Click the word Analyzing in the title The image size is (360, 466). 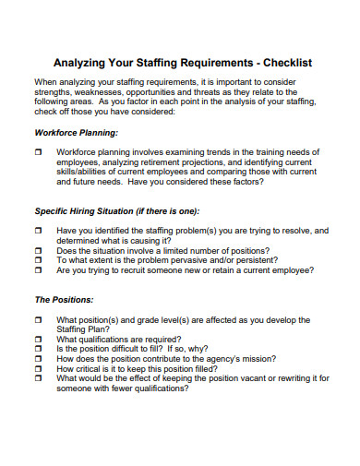pyautogui.click(x=85, y=63)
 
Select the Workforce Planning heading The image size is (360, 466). pyautogui.click(x=77, y=132)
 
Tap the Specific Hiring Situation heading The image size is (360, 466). pyautogui.click(x=113, y=210)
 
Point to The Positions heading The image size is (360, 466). pyautogui.click(x=64, y=299)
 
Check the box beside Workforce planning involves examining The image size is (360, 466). pyautogui.click(x=39, y=150)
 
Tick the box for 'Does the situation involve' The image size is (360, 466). pyautogui.click(x=39, y=250)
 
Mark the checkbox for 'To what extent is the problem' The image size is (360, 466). pyautogui.click(x=39, y=260)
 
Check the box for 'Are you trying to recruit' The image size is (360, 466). pyautogui.click(x=39, y=270)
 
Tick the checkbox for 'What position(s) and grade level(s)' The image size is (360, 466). pyautogui.click(x=39, y=318)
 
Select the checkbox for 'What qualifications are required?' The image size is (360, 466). pyautogui.click(x=39, y=339)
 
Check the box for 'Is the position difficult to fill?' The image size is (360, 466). pyautogui.click(x=39, y=349)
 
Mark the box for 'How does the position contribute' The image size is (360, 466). pyautogui.click(x=39, y=359)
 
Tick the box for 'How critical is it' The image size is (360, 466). pyautogui.click(x=39, y=368)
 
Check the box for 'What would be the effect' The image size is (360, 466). pyautogui.click(x=39, y=378)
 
